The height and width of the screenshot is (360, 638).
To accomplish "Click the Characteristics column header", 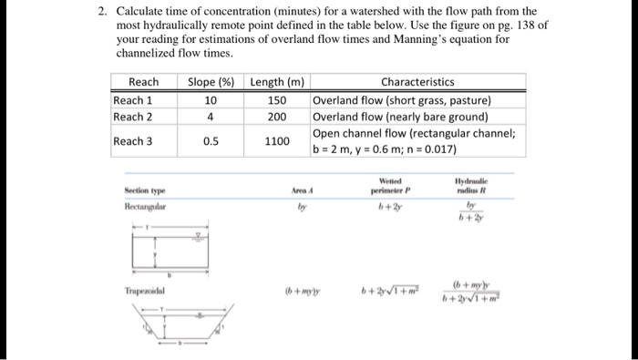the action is pos(417,83).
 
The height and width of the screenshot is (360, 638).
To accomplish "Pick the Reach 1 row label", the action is pos(133,100).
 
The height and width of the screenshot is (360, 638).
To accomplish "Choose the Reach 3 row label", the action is pos(133,141).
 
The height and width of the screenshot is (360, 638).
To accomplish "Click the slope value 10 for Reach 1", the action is pos(210,100).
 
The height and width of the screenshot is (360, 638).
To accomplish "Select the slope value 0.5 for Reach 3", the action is pos(210,141).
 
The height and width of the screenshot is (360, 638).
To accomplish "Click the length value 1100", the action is pos(277,141).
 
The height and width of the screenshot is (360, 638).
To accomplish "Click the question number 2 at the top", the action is pos(104,11).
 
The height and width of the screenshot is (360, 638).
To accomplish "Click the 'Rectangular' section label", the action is pos(148,207).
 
